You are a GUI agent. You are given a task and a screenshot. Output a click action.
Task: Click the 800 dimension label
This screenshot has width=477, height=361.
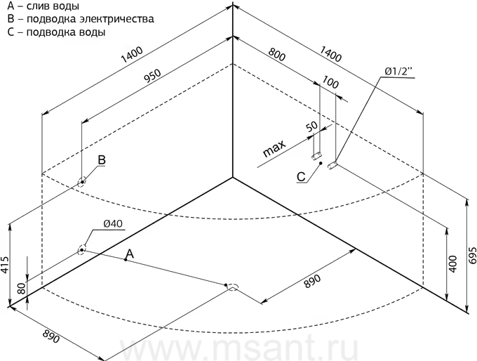(x=276, y=54)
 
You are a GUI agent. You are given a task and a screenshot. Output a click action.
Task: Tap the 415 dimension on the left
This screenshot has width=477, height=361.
(x=6, y=263)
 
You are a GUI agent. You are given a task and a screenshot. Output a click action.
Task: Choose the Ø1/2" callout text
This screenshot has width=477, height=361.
(x=400, y=71)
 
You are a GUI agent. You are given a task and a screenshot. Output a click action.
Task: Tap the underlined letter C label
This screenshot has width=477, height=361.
(x=300, y=176)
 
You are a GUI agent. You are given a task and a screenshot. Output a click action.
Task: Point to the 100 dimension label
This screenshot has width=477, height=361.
(x=330, y=83)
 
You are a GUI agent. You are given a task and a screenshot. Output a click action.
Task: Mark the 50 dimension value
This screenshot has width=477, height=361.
(x=311, y=127)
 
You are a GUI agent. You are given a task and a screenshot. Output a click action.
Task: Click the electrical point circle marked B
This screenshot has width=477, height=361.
(x=83, y=181)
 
